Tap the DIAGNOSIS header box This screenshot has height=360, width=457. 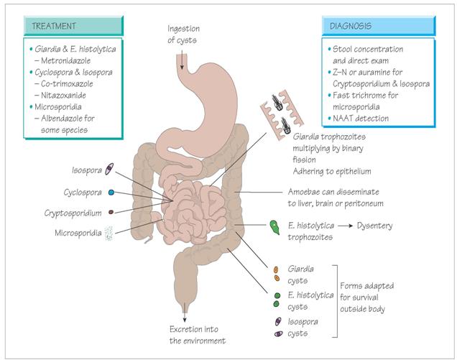pyautogui.click(x=378, y=26)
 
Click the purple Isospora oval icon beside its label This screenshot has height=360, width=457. pyautogui.click(x=109, y=170)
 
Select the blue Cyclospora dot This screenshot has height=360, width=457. pyautogui.click(x=111, y=193)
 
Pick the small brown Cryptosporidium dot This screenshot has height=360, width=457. pyautogui.click(x=111, y=212)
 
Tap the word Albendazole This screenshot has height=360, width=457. pyautogui.click(x=70, y=119)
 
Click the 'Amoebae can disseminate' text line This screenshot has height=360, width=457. pyautogui.click(x=328, y=192)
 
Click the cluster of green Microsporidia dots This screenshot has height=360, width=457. pyautogui.click(x=109, y=231)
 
